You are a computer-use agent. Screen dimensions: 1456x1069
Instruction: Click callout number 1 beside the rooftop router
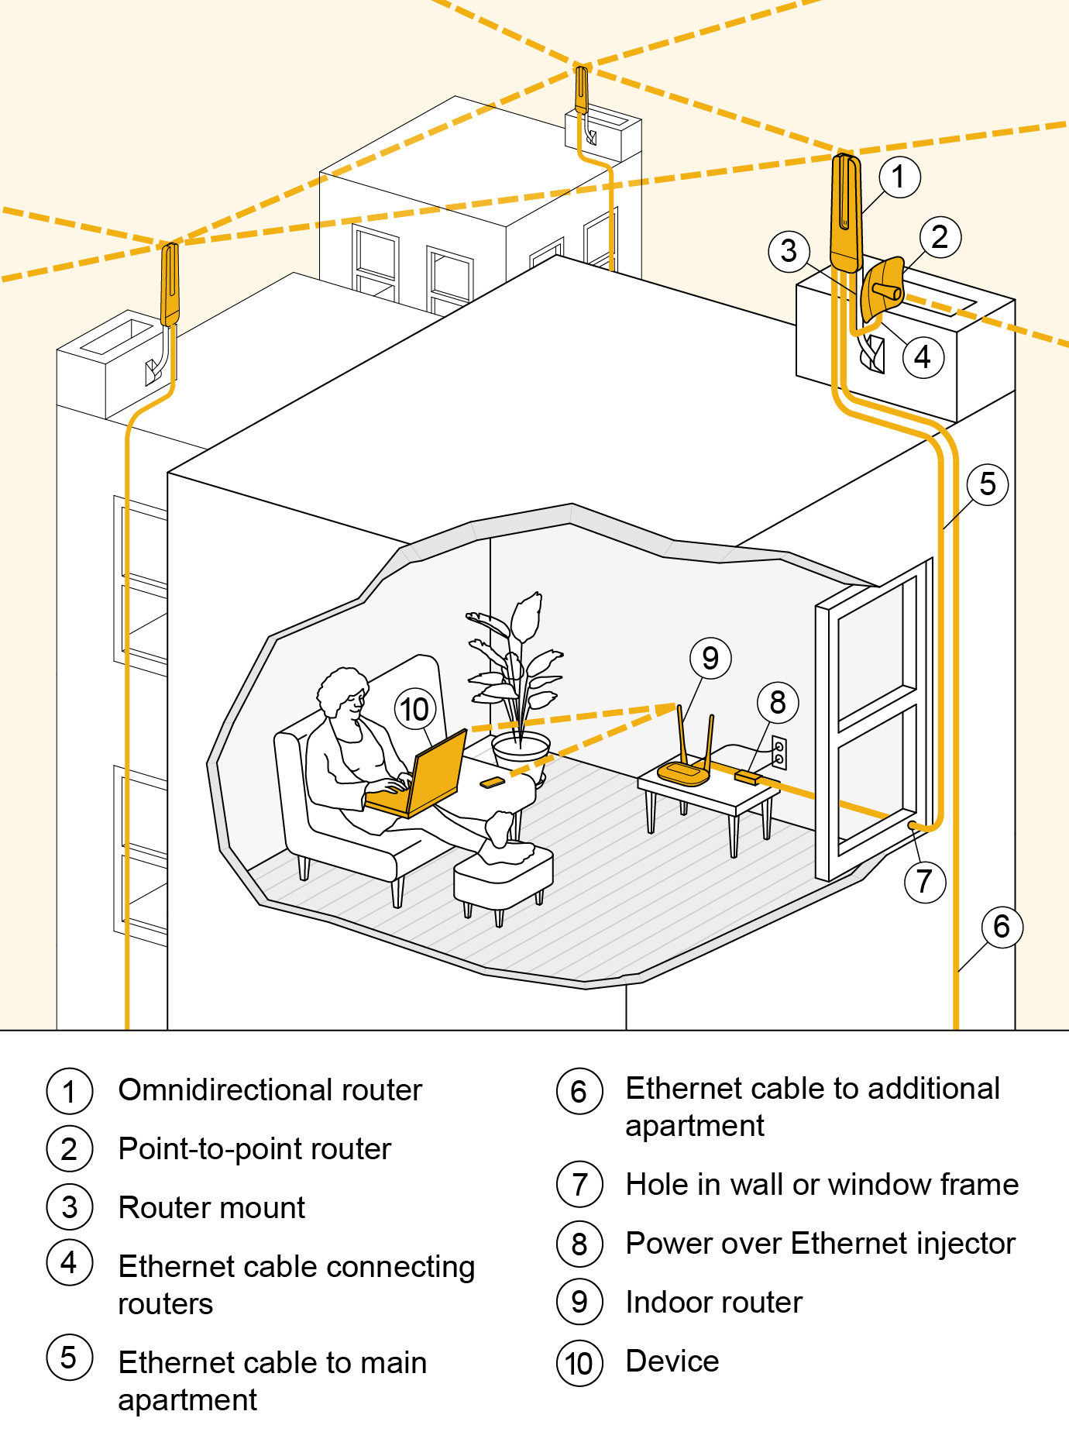pos(899,177)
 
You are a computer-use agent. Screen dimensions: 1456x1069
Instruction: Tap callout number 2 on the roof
pos(940,237)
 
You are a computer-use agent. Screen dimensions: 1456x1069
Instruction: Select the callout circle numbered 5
pos(987,484)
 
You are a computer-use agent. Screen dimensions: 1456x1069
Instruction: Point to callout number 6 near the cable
pos(1002,927)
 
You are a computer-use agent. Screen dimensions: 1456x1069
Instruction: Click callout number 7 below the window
pos(924,882)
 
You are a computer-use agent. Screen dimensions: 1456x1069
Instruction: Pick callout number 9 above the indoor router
pos(710,658)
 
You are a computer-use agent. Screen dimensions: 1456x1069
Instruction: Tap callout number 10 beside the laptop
pos(414,709)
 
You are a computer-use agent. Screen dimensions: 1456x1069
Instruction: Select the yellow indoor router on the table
pos(684,772)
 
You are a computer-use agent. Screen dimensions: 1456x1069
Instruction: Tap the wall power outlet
pos(779,752)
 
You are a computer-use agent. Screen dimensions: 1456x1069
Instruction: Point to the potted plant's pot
pos(521,751)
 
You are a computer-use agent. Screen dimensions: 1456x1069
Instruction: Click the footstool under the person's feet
pos(504,875)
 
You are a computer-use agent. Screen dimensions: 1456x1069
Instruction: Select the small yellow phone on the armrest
pos(492,782)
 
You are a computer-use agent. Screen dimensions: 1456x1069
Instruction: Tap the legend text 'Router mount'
pos(211,1208)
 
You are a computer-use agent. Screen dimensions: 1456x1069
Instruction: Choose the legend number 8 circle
pos(579,1244)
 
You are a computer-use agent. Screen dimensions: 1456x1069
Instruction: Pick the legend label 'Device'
pos(672,1361)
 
